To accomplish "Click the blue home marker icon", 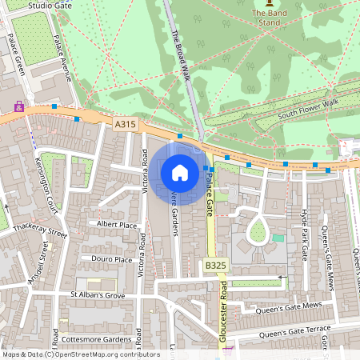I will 180,172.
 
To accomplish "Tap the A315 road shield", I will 126,125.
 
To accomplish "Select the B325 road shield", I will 214,265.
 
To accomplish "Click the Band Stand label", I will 269,18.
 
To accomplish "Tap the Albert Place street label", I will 117,225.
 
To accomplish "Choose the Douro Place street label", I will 112,259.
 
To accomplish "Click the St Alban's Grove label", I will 97,295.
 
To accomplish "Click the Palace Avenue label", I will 62,58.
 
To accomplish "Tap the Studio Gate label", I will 50,5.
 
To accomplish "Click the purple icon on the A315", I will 18,106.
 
